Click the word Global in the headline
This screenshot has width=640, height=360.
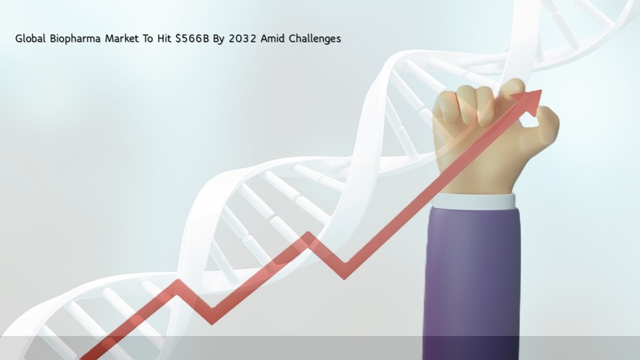pos(30,39)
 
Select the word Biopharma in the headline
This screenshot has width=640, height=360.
pos(76,39)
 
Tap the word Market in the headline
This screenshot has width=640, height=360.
pos(122,39)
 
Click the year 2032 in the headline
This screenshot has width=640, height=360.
pos(242,39)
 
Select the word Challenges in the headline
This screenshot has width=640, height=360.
pos(314,39)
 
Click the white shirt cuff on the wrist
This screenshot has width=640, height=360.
pos(474,201)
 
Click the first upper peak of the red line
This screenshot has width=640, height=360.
pos(178,282)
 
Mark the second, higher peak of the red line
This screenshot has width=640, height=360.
pos(309,234)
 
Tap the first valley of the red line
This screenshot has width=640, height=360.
pos(211,321)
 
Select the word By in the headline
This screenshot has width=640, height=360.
pos(219,39)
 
